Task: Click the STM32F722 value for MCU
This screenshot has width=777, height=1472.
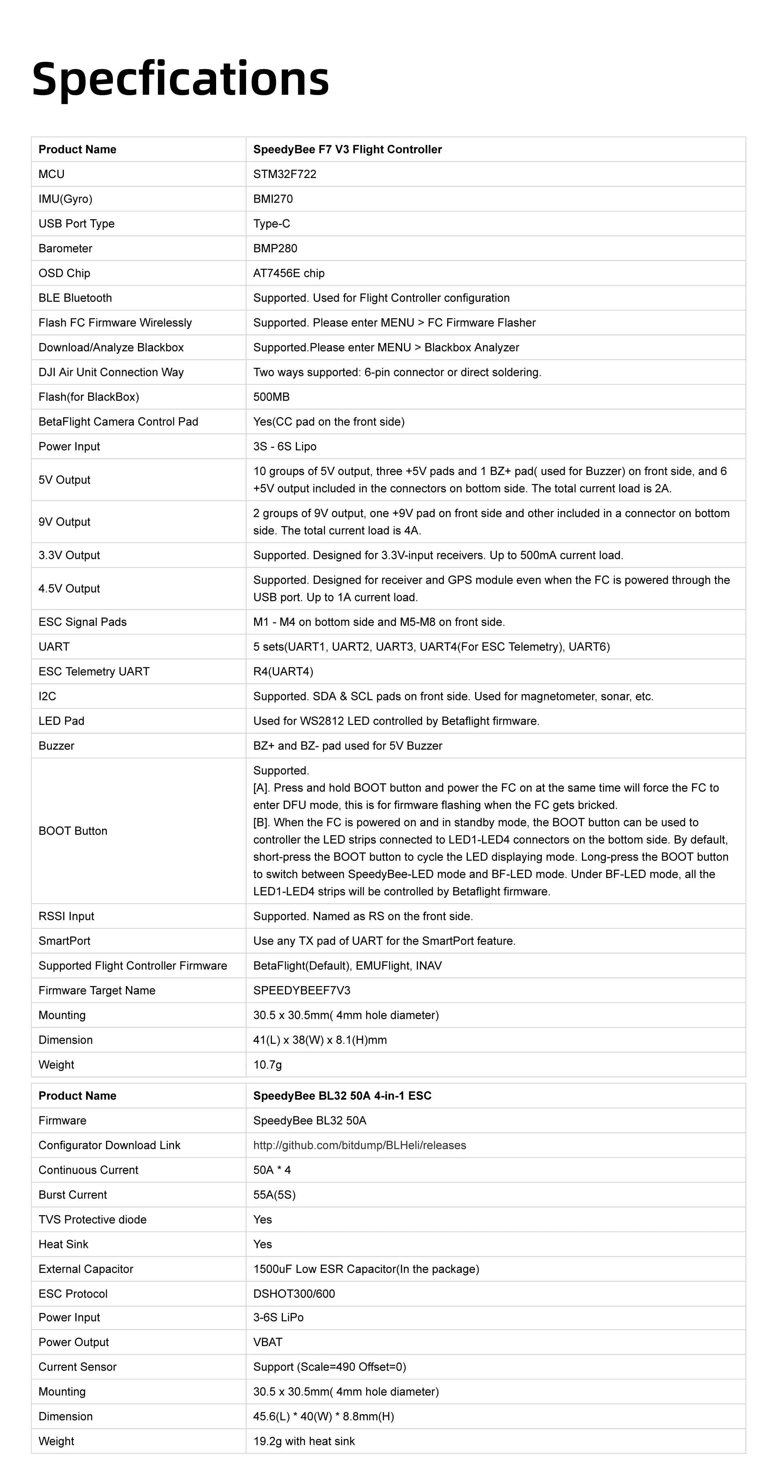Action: click(x=284, y=174)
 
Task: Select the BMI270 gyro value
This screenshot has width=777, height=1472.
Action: click(x=273, y=199)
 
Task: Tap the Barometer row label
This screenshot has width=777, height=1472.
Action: click(x=65, y=248)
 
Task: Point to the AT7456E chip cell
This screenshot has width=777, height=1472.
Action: click(x=289, y=273)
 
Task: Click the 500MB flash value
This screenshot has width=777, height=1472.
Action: click(x=272, y=397)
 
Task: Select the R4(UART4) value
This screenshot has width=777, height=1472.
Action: click(x=283, y=671)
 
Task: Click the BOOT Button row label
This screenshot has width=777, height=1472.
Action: click(x=72, y=831)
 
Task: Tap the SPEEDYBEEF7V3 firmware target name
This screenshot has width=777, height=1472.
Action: click(x=301, y=990)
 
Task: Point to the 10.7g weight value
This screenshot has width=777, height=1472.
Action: click(x=267, y=1065)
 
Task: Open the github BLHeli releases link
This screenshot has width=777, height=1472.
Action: click(x=359, y=1145)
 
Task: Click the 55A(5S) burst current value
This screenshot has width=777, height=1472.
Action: click(x=274, y=1195)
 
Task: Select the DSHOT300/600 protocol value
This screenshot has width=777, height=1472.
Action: click(x=294, y=1294)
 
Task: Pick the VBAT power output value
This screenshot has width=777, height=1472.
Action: click(x=267, y=1342)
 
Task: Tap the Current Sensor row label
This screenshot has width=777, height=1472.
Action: click(x=77, y=1367)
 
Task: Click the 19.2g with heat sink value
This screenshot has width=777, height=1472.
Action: click(x=304, y=1441)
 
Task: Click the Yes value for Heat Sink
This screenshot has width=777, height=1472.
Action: click(x=262, y=1244)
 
